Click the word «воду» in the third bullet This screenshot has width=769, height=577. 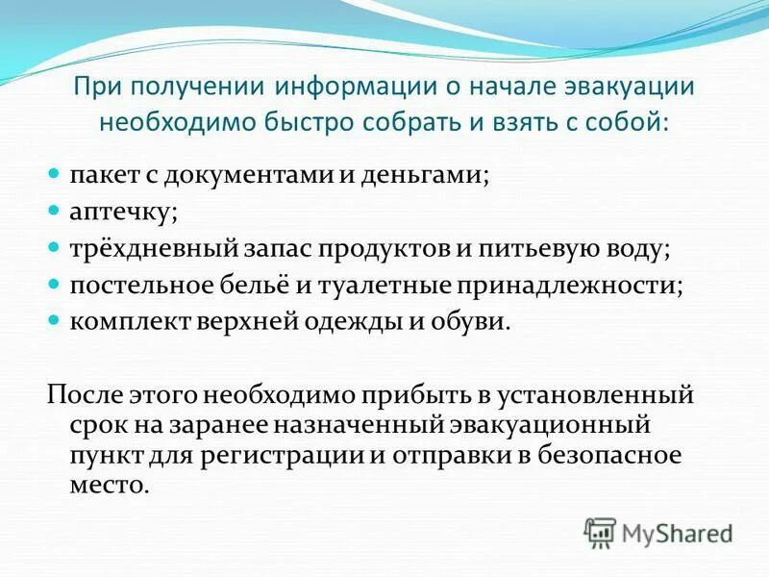[636, 249]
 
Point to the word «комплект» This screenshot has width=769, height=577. [122, 321]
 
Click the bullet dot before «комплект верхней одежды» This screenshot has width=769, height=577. [55, 319]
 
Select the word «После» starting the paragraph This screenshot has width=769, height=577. [79, 394]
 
